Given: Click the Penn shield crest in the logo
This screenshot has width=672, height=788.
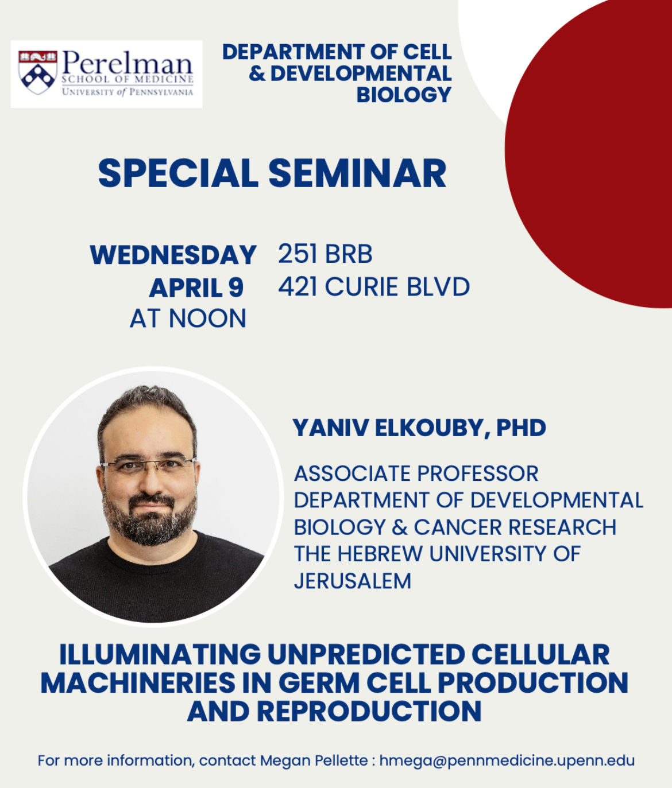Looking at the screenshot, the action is tap(38, 72).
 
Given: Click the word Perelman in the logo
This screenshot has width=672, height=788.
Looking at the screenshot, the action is tap(127, 63).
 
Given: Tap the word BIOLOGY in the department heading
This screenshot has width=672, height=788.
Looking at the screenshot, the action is tap(404, 95).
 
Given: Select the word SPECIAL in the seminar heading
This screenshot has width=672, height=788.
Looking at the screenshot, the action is tap(178, 173).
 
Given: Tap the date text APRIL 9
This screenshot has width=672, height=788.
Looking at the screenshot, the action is tap(196, 288).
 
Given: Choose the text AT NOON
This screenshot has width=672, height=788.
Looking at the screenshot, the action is tap(188, 319).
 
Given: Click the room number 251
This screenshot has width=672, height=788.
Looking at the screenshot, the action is tap(298, 254).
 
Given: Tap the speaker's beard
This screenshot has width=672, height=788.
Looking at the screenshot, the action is tap(149, 518).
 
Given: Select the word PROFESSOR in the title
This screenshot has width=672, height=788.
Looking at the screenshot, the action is tap(478, 473).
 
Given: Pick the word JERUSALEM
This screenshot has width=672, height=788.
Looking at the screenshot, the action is tap(353, 581).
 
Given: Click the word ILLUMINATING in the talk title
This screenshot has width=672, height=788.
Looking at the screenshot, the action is tap(160, 654).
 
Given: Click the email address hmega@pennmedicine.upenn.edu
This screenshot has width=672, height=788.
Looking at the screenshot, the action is tap(507, 760).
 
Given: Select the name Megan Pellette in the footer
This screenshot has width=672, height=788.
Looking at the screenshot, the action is tap(314, 760).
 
